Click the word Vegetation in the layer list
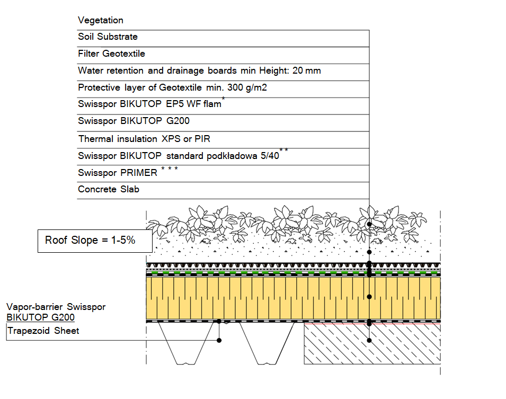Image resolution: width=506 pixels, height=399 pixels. pyautogui.click(x=100, y=20)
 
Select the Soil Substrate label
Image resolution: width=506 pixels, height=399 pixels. pyautogui.click(x=108, y=37)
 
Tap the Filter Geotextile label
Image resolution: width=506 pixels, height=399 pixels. pyautogui.click(x=111, y=54)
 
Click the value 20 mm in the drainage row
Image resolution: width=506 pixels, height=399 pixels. pyautogui.click(x=307, y=70)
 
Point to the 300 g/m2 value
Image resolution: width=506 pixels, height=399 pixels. pyautogui.click(x=247, y=87)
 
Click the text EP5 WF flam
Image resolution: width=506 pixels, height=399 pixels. pyautogui.click(x=193, y=104)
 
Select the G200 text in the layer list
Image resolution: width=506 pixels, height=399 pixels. pyautogui.click(x=178, y=121)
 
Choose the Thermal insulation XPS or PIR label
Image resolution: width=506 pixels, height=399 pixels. pyautogui.click(x=144, y=139)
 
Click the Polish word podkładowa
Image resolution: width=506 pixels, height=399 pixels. pyautogui.click(x=232, y=156)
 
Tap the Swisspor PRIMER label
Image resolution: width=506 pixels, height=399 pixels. pyautogui.click(x=118, y=173)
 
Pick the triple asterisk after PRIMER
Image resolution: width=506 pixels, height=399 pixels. pyautogui.click(x=170, y=169)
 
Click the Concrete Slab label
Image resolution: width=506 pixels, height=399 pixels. pyautogui.click(x=109, y=189)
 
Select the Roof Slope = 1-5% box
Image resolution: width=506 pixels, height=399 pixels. pyautogui.click(x=95, y=241)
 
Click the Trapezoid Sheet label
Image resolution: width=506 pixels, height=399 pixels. pyautogui.click(x=43, y=331)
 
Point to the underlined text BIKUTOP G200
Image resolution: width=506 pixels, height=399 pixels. pyautogui.click(x=40, y=317)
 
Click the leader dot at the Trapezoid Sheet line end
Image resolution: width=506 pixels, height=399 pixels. pyautogui.click(x=219, y=340)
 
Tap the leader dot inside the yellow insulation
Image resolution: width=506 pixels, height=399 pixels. pyautogui.click(x=369, y=297)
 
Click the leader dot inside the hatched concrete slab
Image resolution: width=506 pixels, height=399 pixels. pyautogui.click(x=369, y=340)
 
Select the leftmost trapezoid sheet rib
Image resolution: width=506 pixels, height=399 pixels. pyautogui.click(x=186, y=343)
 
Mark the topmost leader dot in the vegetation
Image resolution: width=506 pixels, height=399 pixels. pyautogui.click(x=369, y=224)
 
